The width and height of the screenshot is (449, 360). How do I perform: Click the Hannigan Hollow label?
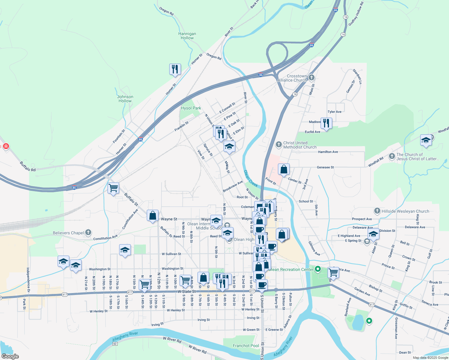tap(187, 36)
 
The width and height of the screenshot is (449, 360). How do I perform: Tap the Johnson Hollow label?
tap(125, 99)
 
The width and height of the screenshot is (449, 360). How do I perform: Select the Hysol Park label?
tap(191, 108)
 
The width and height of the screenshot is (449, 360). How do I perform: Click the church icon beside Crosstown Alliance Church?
tap(312, 78)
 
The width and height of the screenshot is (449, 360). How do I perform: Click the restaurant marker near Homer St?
tap(175, 69)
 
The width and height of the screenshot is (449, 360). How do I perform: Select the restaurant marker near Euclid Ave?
tap(326, 123)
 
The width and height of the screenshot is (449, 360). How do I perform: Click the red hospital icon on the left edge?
tap(6, 146)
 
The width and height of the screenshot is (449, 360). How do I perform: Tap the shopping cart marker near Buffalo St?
tap(113, 188)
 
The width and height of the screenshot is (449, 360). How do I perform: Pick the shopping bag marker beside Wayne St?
tap(152, 215)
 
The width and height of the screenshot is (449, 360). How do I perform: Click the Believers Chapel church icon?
tap(88, 232)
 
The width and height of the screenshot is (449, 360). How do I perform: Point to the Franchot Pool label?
tap(246, 346)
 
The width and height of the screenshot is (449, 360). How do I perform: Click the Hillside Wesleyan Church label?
tap(405, 211)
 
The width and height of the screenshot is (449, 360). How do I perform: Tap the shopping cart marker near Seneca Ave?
tap(333, 272)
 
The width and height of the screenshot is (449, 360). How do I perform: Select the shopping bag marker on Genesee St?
tap(284, 169)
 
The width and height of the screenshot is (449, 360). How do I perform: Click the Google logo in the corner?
tap(10, 356)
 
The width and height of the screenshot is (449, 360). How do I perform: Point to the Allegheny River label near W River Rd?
tap(125, 336)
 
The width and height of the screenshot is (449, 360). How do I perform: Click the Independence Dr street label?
tap(28, 280)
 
